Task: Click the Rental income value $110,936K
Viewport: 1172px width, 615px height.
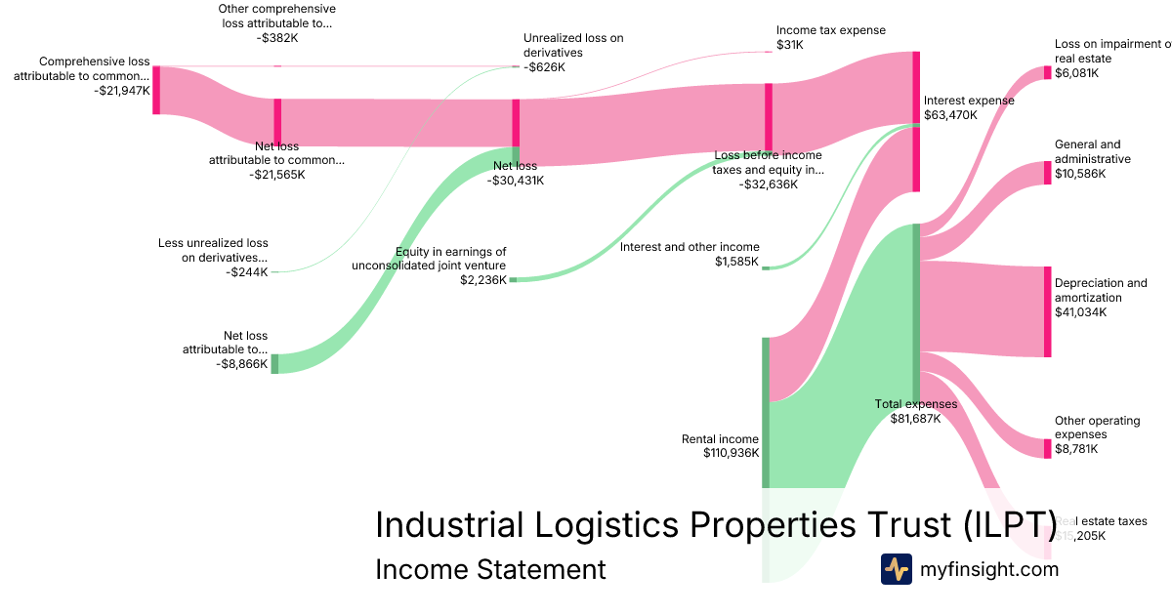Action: point(731,453)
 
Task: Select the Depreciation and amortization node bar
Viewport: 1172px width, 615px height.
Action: point(1047,310)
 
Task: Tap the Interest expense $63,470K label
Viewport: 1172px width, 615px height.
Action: point(969,114)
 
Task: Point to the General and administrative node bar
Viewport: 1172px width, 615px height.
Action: point(1047,173)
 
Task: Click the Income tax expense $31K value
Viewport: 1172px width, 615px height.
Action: point(789,45)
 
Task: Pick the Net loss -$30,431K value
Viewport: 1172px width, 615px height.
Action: point(516,180)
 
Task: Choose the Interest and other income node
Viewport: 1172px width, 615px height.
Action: point(766,266)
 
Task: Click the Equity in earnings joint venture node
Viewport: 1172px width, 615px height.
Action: point(513,279)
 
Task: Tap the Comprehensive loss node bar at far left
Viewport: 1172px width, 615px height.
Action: point(155,90)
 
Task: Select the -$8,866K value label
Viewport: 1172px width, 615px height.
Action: point(241,363)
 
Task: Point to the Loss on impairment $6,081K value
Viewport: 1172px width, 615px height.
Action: point(1076,72)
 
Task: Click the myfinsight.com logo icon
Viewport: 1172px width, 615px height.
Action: point(896,569)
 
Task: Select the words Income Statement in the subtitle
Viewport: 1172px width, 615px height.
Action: point(489,569)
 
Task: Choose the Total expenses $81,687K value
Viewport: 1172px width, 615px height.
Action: point(915,418)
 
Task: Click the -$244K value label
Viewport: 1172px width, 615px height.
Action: point(246,272)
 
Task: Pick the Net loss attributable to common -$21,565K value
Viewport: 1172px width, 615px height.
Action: point(276,175)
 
